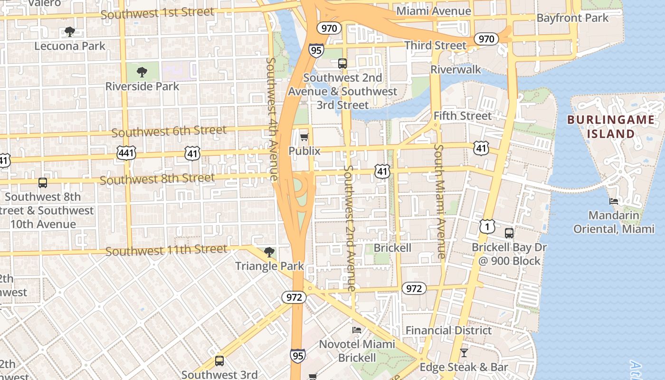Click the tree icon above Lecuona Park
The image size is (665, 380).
pos(70,32)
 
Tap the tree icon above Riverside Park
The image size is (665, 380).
pos(142,72)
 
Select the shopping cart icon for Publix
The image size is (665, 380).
pos(304,137)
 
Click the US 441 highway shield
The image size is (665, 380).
pos(126,153)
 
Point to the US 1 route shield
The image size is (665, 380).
pos(487,226)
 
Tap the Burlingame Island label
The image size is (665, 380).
pos(610,126)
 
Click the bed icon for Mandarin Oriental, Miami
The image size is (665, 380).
pos(614,201)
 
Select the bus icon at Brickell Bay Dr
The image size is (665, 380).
pos(509,233)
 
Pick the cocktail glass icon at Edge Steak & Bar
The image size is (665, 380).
pos(464,353)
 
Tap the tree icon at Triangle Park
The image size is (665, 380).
pos(269,252)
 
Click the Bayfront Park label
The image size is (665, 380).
pos(572,18)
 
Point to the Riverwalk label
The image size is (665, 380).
pos(456,70)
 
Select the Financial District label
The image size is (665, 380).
pos(449,331)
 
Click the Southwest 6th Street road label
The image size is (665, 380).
pos(169,131)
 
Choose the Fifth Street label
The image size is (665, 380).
pos(462,115)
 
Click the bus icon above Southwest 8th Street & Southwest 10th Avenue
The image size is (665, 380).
pos(43,182)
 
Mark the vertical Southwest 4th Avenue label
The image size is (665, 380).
pos(272,119)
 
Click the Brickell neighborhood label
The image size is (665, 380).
pos(392,248)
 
